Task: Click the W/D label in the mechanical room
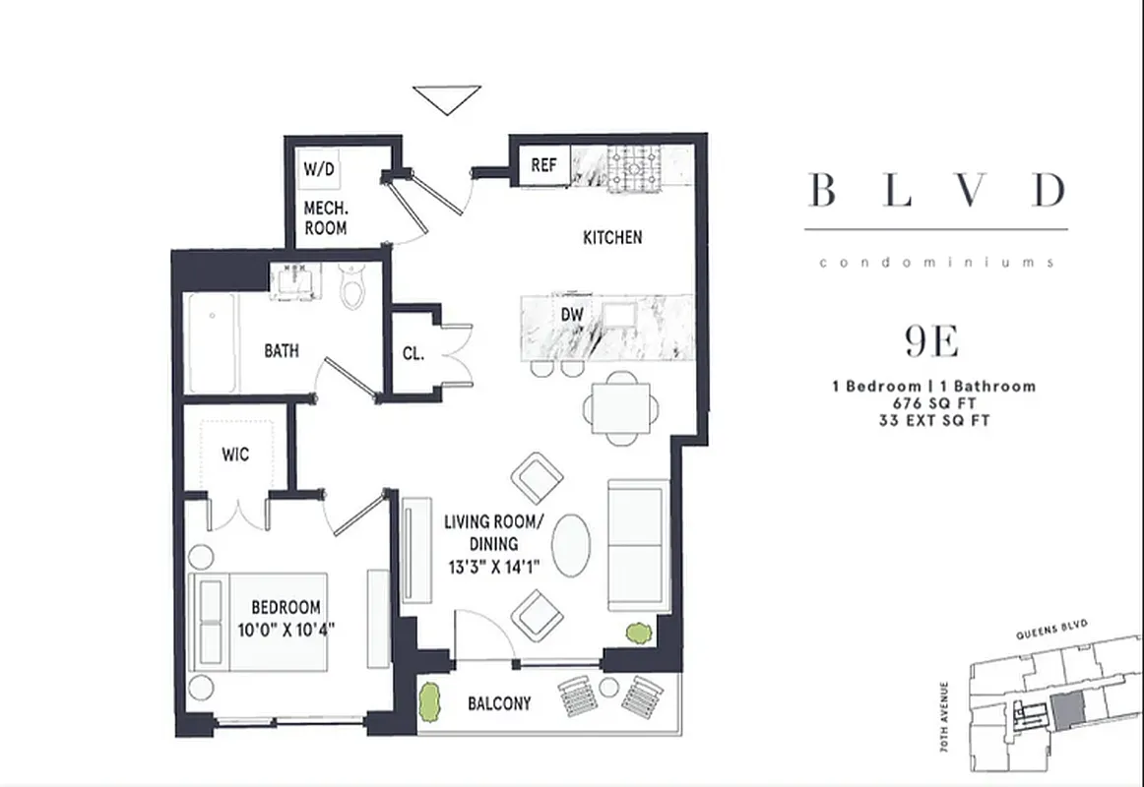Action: [x=318, y=169]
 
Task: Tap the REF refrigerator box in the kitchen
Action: [x=544, y=165]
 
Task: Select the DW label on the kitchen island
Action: [x=571, y=315]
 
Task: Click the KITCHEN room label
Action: [x=612, y=237]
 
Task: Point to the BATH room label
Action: [x=282, y=350]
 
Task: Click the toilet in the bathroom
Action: [x=352, y=285]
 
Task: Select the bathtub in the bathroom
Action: [x=213, y=343]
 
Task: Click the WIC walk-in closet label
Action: [x=235, y=454]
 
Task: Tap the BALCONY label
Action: [x=499, y=703]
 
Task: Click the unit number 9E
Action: [x=931, y=341]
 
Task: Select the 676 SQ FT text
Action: [x=933, y=403]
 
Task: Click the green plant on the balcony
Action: [x=430, y=700]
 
